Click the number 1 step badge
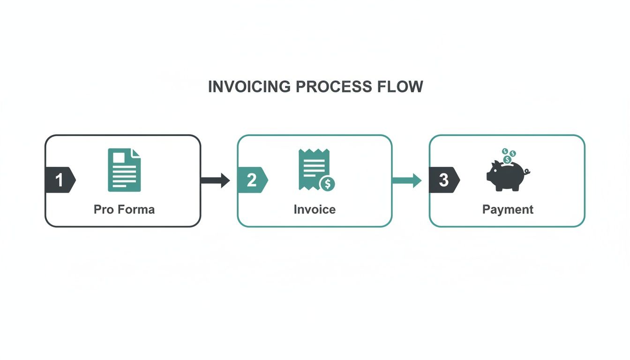tap(60, 180)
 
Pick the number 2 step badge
tap(252, 180)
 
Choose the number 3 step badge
tap(444, 180)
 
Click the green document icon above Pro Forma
tap(124, 170)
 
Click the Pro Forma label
tap(124, 209)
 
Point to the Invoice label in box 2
tap(315, 209)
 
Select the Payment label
tap(508, 209)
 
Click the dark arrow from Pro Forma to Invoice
tap(215, 180)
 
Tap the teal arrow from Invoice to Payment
tap(407, 180)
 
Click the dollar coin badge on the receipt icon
tap(327, 184)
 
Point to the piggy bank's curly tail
tap(527, 172)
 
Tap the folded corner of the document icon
tap(136, 152)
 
